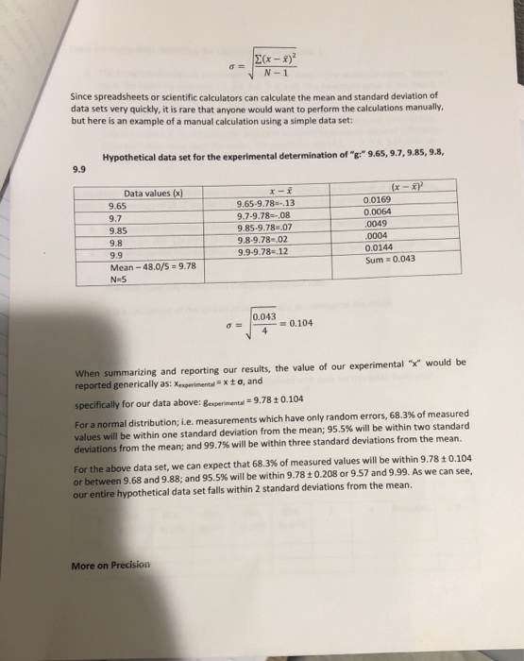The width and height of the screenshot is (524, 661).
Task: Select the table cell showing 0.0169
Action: coord(380,200)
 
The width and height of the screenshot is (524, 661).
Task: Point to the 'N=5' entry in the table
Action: coord(120,280)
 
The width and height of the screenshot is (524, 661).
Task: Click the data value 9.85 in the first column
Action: coord(119,229)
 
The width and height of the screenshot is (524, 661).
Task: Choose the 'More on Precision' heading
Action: coord(110,566)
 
